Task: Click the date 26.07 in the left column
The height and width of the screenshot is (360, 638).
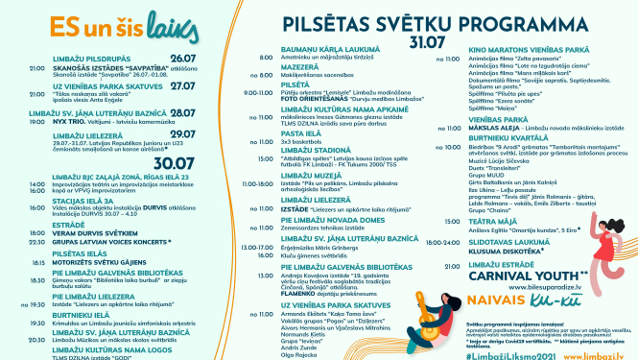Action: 182,58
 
